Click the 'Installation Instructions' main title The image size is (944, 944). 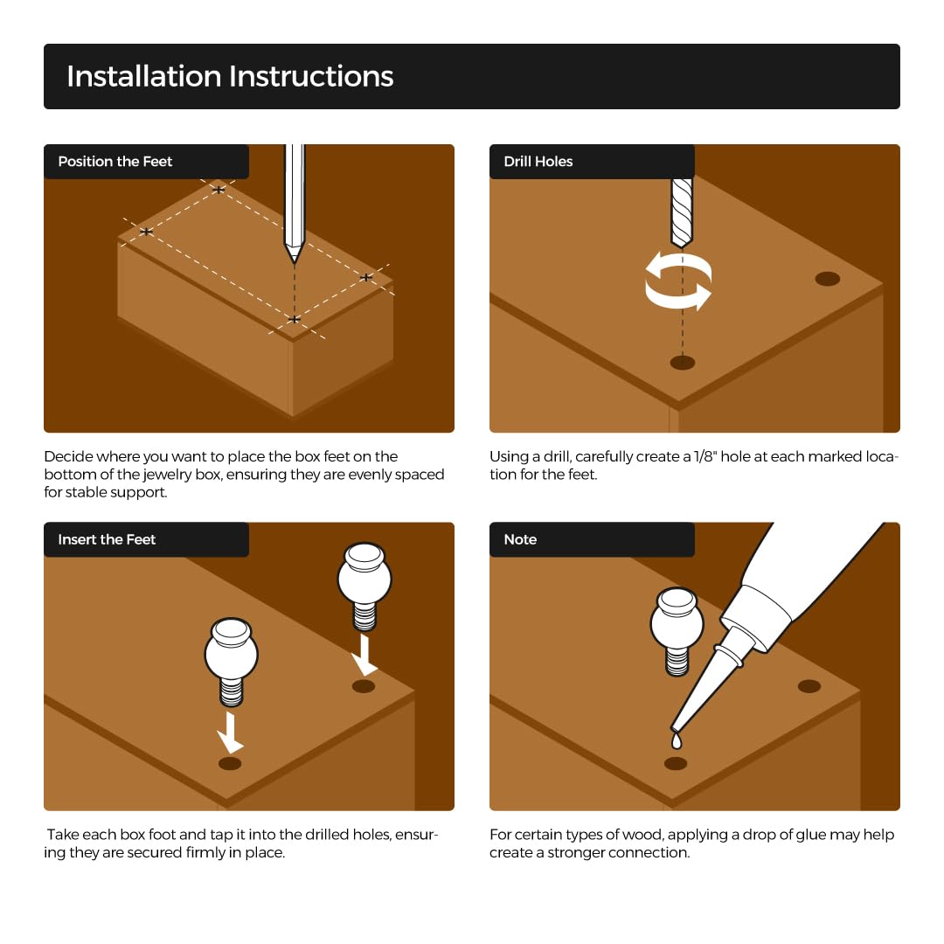click(230, 76)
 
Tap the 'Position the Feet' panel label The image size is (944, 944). click(115, 162)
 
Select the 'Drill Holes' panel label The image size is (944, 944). click(538, 162)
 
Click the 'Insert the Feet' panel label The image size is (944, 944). click(107, 539)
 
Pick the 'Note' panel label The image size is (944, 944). click(520, 539)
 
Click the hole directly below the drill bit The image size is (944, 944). click(683, 363)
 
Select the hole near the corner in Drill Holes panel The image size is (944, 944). click(828, 279)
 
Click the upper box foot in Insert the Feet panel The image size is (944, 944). click(364, 586)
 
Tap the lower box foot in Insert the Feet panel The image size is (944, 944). click(232, 661)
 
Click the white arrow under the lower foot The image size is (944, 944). click(230, 732)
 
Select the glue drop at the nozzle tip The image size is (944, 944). click(677, 740)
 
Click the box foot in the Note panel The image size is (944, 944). click(677, 631)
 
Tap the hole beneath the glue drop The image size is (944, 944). click(676, 764)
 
